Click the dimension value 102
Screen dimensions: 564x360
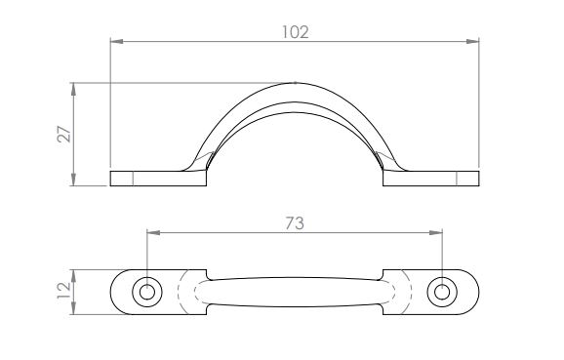point(295,32)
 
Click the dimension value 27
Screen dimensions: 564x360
point(64,134)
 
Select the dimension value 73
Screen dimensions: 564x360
point(295,223)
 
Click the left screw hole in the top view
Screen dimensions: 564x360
point(147,292)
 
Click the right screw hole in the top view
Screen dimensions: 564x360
point(442,292)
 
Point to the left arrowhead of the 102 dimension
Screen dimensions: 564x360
point(117,42)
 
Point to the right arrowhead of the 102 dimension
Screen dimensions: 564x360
point(472,42)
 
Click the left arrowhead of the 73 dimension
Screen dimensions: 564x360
point(153,233)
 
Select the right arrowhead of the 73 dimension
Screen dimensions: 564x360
point(435,233)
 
